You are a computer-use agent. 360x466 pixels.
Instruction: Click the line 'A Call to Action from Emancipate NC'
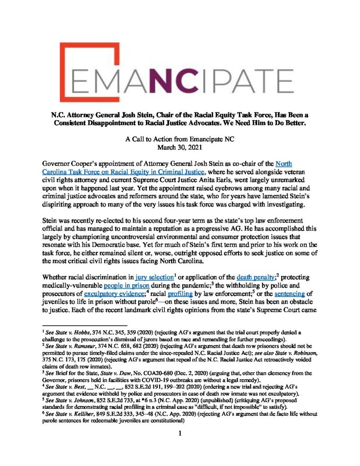180,152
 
